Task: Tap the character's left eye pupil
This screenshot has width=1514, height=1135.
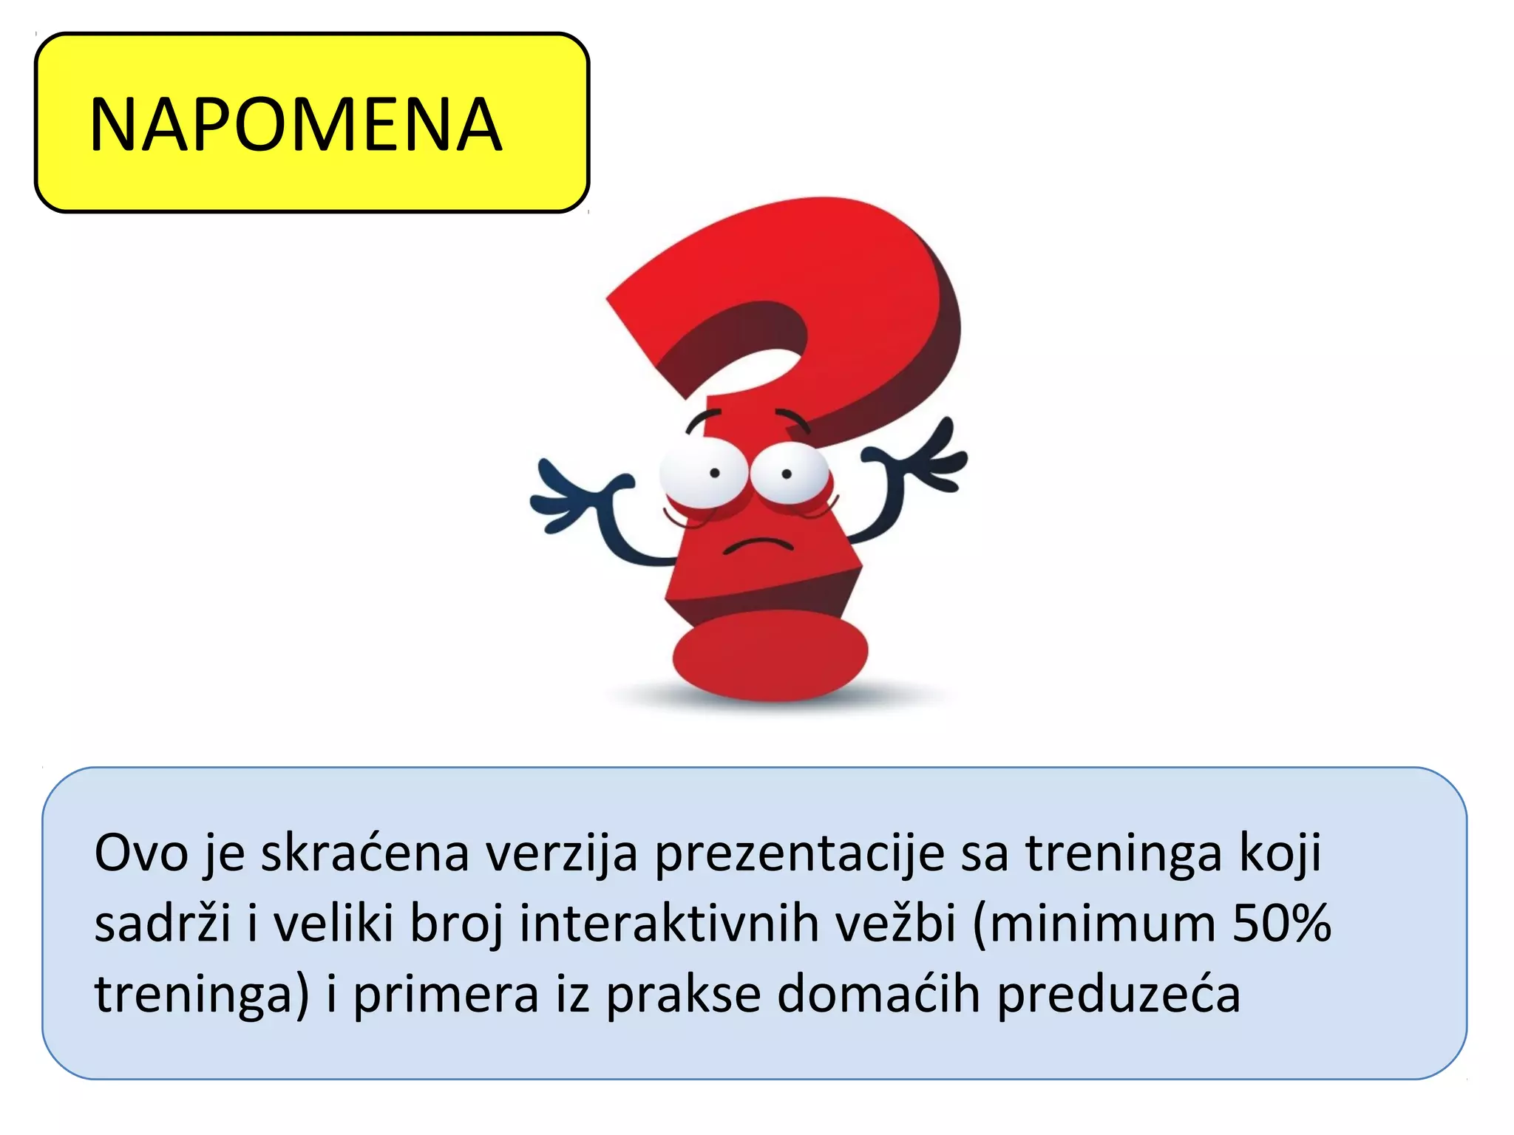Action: (715, 473)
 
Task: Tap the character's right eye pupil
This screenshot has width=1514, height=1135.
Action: (787, 474)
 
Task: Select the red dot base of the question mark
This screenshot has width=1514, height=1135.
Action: (770, 655)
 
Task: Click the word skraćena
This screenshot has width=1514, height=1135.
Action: (365, 853)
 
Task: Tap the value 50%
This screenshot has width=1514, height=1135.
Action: (1282, 924)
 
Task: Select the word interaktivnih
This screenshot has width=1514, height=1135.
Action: (669, 924)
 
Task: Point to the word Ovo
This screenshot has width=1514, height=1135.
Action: (141, 853)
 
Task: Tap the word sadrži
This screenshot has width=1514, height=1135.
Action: (163, 924)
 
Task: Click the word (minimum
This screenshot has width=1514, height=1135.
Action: (1095, 924)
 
